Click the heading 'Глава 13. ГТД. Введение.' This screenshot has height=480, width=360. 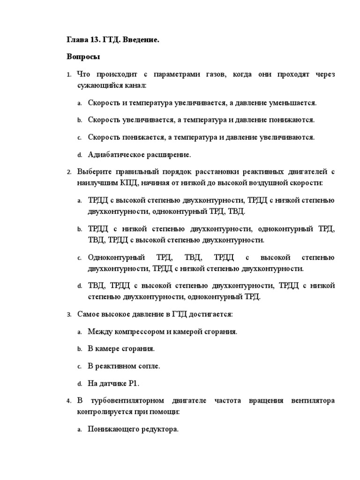(112, 40)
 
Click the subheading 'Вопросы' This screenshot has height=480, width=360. (83, 57)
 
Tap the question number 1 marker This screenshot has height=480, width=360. (68, 75)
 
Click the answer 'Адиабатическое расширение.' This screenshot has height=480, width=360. (140, 154)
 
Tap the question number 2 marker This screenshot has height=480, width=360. (68, 172)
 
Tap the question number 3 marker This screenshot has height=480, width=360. (68, 315)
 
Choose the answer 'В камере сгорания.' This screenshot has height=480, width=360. (121, 349)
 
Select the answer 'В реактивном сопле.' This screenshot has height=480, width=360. (124, 366)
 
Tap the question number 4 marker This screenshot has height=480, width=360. (68, 401)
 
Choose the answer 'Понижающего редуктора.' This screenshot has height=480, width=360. (133, 429)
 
